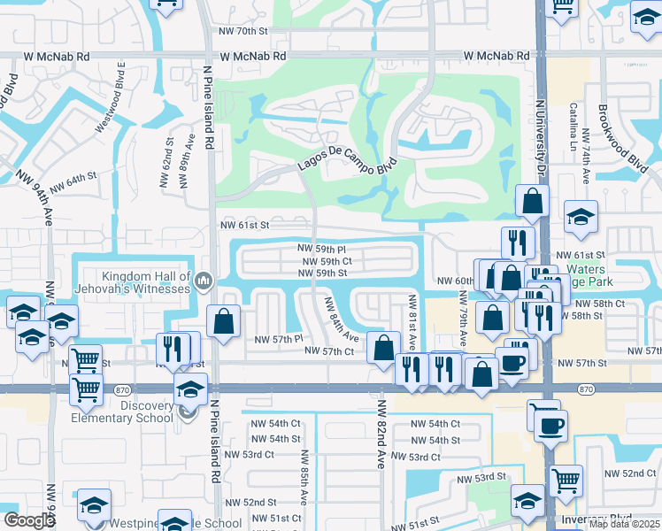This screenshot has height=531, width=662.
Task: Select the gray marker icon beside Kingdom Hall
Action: (x=204, y=282)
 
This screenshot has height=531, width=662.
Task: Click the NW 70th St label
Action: (x=242, y=31)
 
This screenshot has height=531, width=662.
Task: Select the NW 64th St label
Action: (x=73, y=184)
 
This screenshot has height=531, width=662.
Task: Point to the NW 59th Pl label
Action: (x=327, y=250)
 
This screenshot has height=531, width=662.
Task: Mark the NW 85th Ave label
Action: (x=304, y=477)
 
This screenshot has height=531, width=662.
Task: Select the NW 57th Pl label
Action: (x=279, y=339)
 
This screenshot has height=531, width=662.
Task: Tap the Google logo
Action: (x=29, y=520)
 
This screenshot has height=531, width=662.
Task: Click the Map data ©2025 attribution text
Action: (x=623, y=524)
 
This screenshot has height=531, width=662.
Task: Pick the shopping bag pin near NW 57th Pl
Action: (x=224, y=321)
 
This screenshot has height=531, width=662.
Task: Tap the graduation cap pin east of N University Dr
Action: (x=581, y=217)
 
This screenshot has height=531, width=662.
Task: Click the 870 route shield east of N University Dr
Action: (x=586, y=389)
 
